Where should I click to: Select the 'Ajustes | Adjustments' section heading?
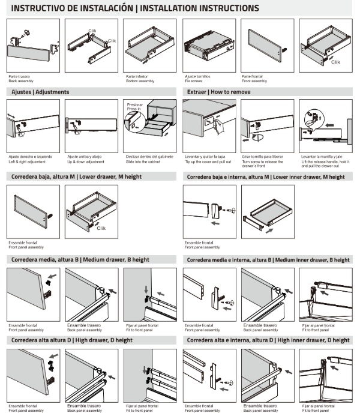(40, 92)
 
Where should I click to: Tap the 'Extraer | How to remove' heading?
(214, 92)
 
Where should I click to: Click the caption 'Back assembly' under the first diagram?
(21, 81)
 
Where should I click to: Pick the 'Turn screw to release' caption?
(262, 160)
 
